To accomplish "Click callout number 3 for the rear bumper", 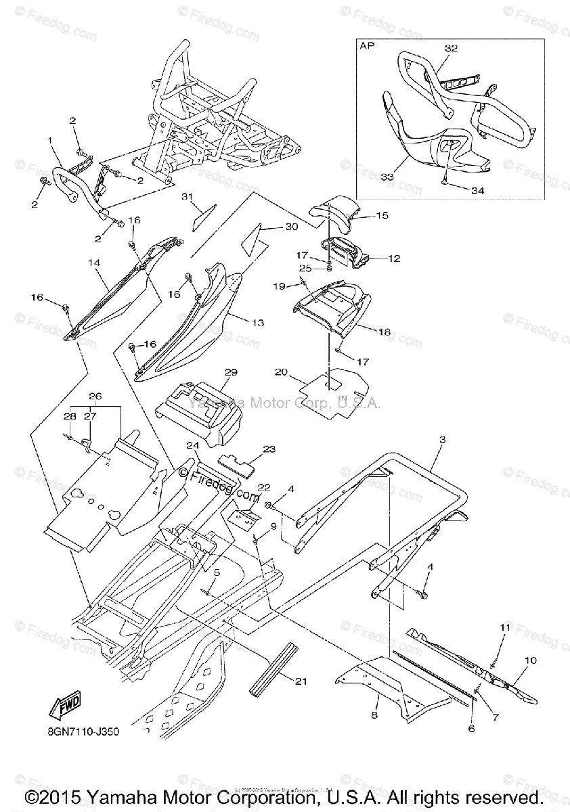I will point(441,441).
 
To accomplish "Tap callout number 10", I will point(530,658).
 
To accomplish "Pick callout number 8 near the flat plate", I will point(374,715).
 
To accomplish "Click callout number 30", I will point(291,227).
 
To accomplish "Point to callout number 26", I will point(95,395).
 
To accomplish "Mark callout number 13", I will point(257,323).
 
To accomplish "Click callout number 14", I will point(94,261).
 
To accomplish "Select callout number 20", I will point(282,372).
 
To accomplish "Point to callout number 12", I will point(394,258).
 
